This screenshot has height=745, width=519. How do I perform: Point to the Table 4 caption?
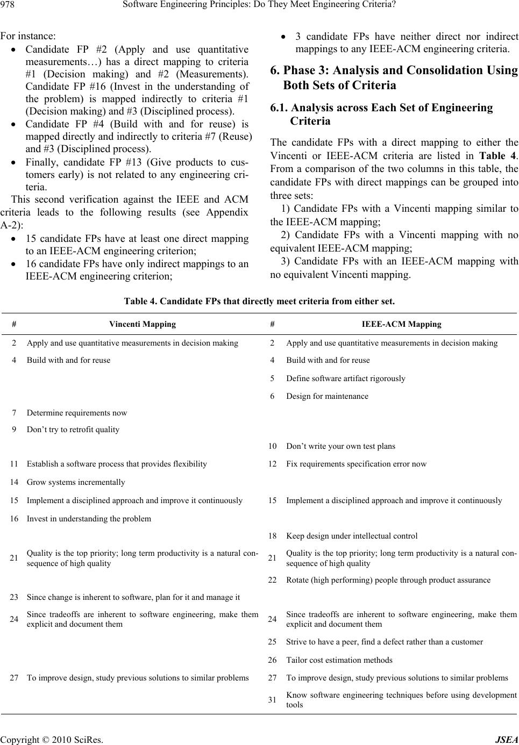(259, 302)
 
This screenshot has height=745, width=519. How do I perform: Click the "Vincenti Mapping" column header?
(142, 324)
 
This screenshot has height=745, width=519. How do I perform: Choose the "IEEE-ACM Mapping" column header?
(401, 324)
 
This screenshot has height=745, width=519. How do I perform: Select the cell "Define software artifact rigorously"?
(346, 378)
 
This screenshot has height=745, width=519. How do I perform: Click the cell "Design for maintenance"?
(327, 396)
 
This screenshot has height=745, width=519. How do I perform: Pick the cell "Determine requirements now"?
(77, 413)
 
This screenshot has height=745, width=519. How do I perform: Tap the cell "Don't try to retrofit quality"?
(73, 429)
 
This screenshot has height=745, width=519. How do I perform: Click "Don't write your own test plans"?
(340, 446)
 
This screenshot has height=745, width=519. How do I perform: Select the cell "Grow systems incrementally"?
(76, 482)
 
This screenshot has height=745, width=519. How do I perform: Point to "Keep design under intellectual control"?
(352, 536)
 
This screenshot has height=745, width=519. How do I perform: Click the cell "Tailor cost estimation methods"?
(339, 660)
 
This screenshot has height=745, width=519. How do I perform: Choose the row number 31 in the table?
(273, 699)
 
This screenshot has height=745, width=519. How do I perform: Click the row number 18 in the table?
(273, 536)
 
